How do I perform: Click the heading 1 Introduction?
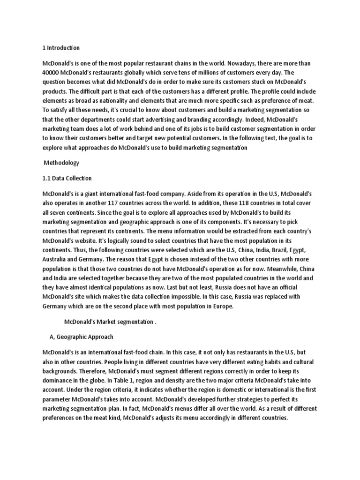61,48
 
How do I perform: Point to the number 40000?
52,73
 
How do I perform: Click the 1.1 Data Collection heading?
67,178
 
